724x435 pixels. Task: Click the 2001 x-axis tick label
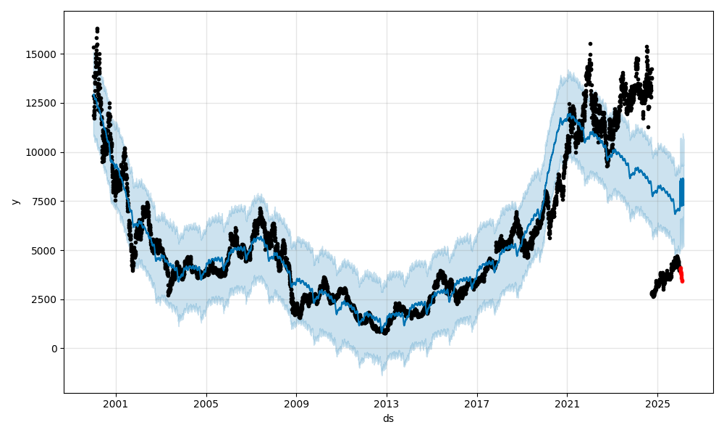tap(116, 403)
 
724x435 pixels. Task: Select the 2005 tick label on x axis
tap(206, 403)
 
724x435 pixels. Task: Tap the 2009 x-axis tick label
tap(296, 403)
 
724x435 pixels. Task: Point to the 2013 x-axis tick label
tap(387, 403)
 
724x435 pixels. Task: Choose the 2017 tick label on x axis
tap(476, 403)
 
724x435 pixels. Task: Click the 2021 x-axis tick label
tap(567, 403)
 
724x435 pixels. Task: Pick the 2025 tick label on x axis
tap(657, 403)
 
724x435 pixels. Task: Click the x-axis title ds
tap(388, 418)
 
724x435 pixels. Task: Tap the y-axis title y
tap(14, 202)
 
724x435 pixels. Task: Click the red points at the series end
tap(681, 275)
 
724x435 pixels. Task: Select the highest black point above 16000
tap(97, 29)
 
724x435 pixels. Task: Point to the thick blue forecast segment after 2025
tap(681, 193)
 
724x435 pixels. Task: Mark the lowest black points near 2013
tap(385, 331)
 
